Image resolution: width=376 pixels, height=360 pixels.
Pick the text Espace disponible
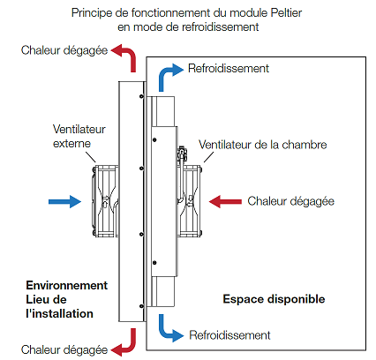274,299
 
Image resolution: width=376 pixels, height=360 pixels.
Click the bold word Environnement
67,285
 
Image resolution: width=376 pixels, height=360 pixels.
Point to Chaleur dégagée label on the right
291,201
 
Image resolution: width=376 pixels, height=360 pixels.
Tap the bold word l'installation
59,312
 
